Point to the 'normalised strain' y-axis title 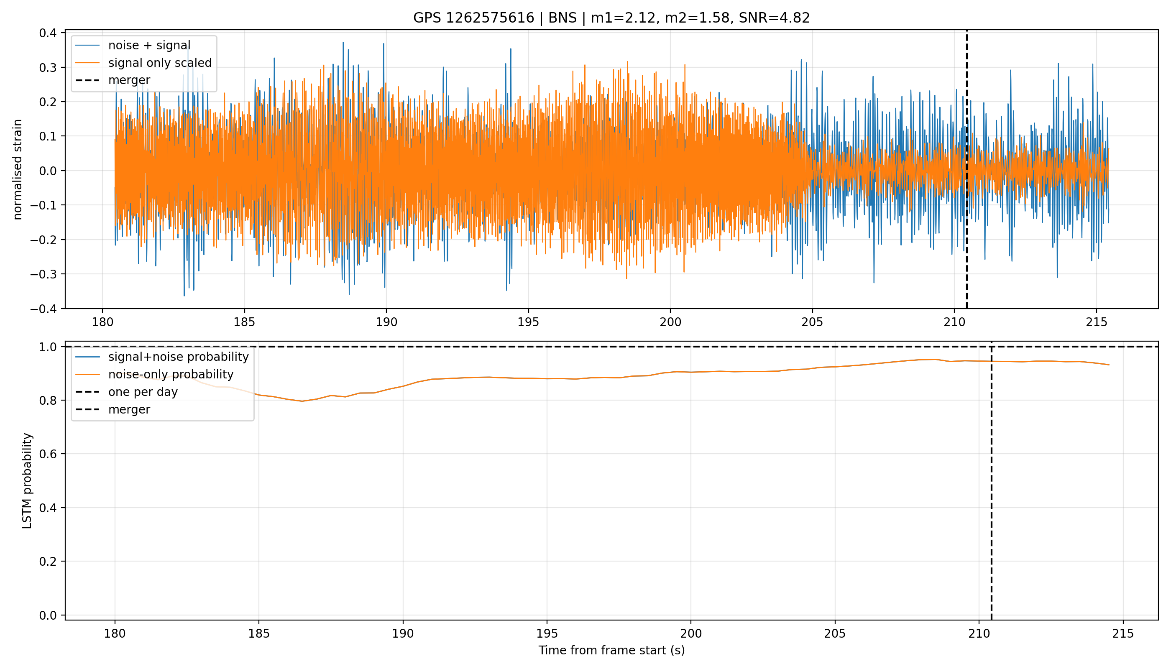[18, 169]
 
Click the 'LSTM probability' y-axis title [27, 480]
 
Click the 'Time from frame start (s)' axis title [612, 650]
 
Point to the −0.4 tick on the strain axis [43, 309]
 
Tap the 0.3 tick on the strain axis [48, 68]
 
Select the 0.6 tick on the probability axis [48, 454]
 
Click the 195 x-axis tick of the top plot [528, 322]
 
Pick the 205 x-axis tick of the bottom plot [835, 633]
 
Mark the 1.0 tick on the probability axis [48, 347]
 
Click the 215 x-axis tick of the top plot [1097, 322]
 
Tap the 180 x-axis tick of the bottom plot [115, 633]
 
